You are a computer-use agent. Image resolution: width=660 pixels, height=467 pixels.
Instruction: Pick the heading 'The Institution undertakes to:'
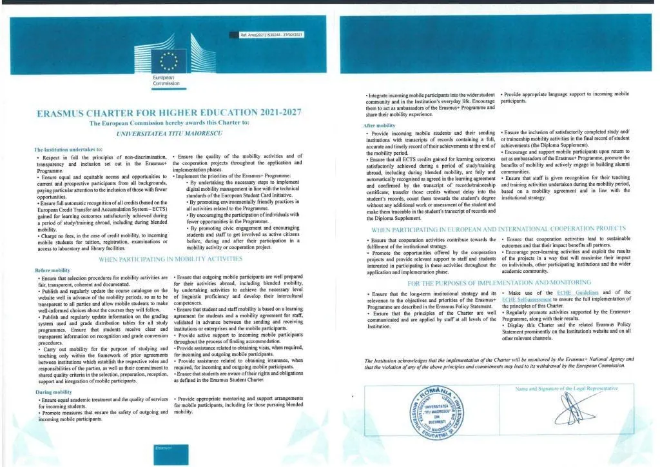(x=68, y=150)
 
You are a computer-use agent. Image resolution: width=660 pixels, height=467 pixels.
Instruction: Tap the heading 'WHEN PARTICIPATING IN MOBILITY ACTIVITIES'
(x=170, y=259)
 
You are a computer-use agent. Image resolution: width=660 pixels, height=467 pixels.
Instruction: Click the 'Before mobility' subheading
(x=53, y=270)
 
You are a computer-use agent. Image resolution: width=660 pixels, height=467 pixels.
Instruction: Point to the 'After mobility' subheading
(x=380, y=125)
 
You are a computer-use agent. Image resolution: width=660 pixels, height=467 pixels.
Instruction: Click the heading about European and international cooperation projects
(x=498, y=228)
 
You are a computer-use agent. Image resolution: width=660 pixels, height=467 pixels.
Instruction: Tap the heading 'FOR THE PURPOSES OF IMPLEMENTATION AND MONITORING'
(x=499, y=283)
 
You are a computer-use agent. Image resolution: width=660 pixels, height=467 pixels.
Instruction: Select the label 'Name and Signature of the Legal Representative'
(x=567, y=388)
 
